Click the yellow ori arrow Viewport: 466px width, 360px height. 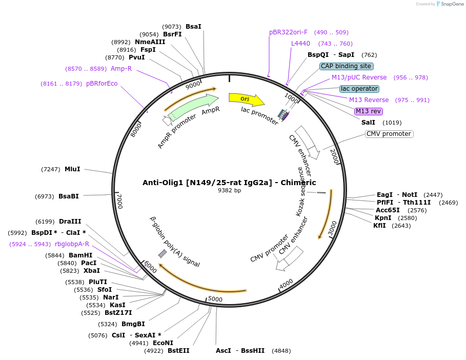pyautogui.click(x=246, y=98)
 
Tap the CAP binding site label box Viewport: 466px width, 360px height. pyautogui.click(x=346, y=66)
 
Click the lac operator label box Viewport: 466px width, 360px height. pyautogui.click(x=359, y=89)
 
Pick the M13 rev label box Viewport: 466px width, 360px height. pyautogui.click(x=369, y=111)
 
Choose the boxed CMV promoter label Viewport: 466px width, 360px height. pyautogui.click(x=389, y=134)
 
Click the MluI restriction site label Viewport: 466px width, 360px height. pyautogui.click(x=72, y=169)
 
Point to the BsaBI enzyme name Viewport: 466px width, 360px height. pyautogui.click(x=69, y=196)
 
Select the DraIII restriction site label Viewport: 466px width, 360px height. pyautogui.click(x=70, y=222)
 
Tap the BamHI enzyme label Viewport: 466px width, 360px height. pyautogui.click(x=80, y=255)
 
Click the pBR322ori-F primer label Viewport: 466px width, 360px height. pyautogui.click(x=289, y=32)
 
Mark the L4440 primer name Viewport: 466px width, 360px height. pyautogui.click(x=300, y=44)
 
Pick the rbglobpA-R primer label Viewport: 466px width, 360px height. pyautogui.click(x=72, y=244)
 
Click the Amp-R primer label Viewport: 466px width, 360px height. pyautogui.click(x=121, y=69)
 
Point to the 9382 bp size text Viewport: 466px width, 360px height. pyautogui.click(x=229, y=191)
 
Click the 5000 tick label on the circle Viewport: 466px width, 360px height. pyautogui.click(x=215, y=299)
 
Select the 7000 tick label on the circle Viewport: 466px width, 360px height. pyautogui.click(x=119, y=201)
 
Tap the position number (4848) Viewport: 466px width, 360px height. pyautogui.click(x=281, y=351)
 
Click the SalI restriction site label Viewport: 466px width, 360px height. pyautogui.click(x=368, y=123)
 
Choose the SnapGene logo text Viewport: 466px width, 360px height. pyautogui.click(x=450, y=4)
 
